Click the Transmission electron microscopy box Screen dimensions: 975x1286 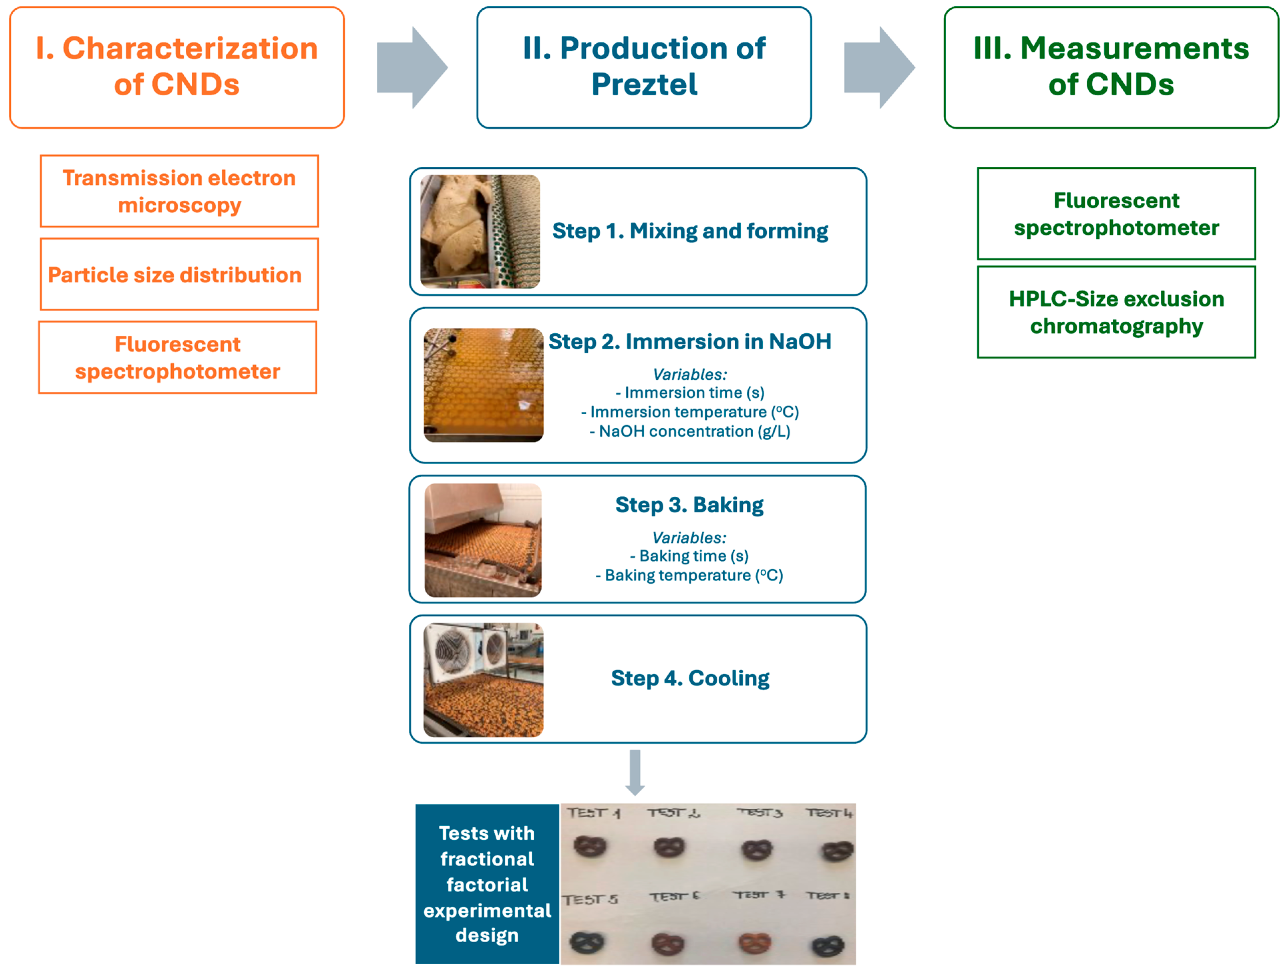179,191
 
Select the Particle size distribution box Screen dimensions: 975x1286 179,275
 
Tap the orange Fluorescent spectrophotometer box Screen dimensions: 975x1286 177,357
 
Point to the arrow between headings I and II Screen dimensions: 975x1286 412,67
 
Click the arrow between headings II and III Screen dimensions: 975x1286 879,67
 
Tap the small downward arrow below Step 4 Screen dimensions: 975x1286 635,772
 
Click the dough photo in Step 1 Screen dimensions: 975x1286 480,231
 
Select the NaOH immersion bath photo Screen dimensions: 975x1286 483,385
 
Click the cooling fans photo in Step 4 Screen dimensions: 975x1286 483,680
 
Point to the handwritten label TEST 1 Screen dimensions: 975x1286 593,813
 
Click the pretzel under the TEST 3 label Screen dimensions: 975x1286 757,850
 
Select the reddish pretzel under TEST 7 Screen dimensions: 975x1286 755,943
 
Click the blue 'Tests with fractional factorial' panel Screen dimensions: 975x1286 487,884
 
